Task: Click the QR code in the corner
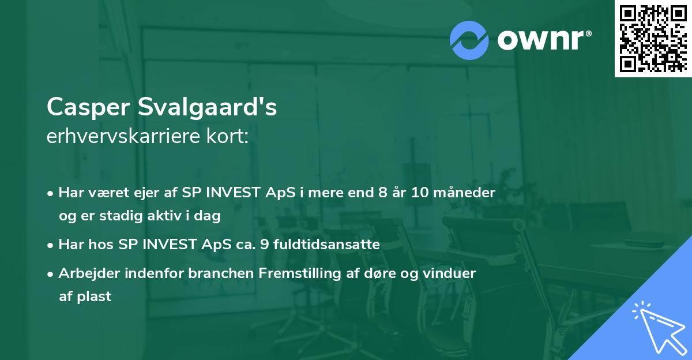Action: (x=653, y=38)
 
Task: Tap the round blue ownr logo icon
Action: (x=469, y=40)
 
